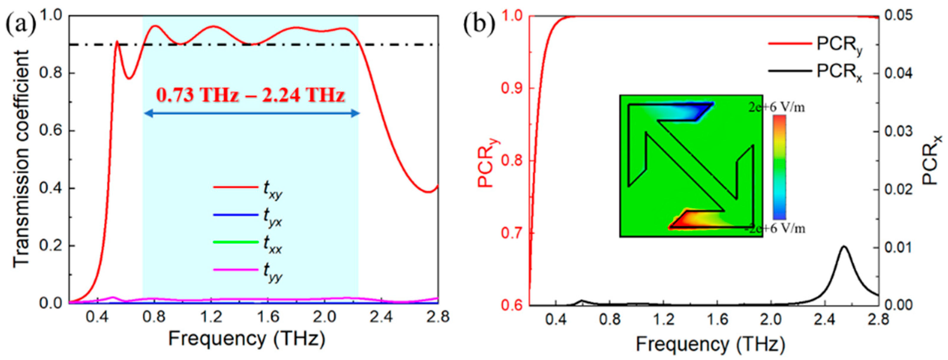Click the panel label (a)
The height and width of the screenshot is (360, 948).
click(21, 25)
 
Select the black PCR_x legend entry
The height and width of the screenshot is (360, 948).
click(839, 71)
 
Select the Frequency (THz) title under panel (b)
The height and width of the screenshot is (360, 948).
click(710, 344)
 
